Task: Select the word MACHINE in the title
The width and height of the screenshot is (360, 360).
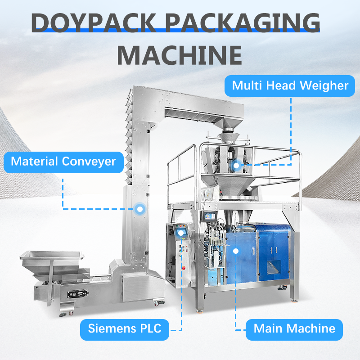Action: [180, 54]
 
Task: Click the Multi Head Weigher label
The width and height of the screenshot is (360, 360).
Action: [290, 85]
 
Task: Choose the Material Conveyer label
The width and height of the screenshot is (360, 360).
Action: [63, 161]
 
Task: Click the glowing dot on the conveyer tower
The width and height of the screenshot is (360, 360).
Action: [139, 208]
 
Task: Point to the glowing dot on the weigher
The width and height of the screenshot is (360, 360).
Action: [236, 165]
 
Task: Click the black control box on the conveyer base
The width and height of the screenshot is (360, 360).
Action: [76, 294]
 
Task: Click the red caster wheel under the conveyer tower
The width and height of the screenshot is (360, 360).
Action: [157, 304]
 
